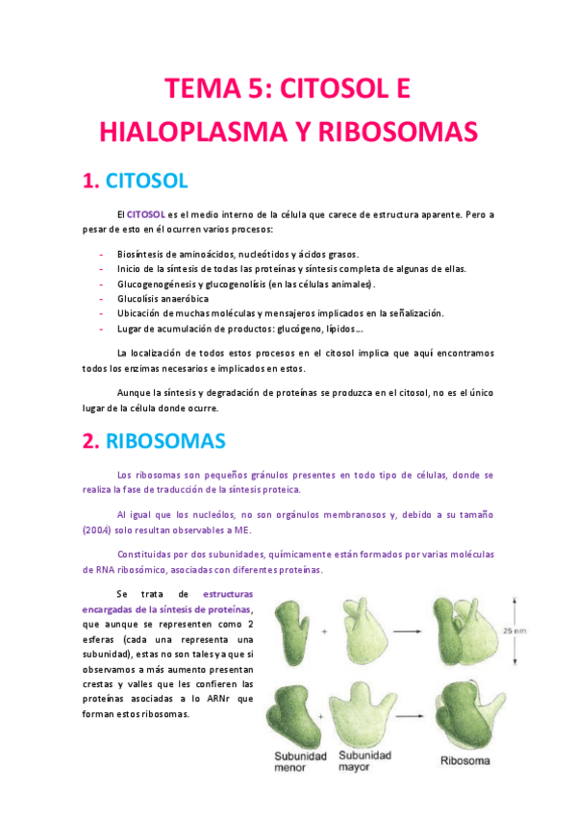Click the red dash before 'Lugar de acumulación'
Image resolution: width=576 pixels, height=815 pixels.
point(102,329)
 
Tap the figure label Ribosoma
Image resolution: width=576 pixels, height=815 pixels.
point(464,761)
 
